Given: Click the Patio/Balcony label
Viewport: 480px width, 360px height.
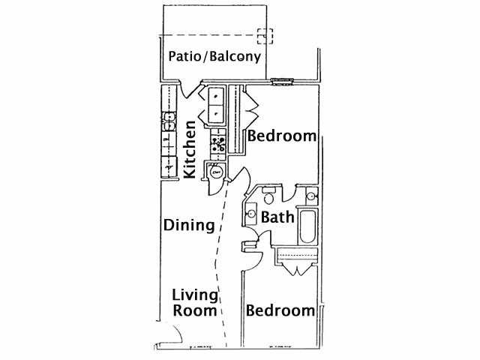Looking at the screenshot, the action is (x=214, y=57).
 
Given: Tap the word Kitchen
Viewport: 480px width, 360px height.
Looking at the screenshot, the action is (x=190, y=149).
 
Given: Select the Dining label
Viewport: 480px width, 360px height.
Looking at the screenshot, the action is (x=189, y=226).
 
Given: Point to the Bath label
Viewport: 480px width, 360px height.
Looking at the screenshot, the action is (x=277, y=217).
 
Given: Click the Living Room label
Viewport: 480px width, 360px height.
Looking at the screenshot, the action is (x=195, y=303).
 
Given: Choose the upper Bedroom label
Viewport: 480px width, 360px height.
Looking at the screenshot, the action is (x=282, y=136).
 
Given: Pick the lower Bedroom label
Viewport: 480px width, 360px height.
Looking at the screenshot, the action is (x=280, y=310).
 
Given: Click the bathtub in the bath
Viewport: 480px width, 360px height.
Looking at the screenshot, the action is (x=307, y=226).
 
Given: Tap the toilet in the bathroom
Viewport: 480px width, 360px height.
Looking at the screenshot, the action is (x=268, y=195).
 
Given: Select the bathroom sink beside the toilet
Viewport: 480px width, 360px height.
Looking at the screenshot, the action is (x=251, y=214).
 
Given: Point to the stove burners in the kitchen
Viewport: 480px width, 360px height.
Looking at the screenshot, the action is (x=218, y=144).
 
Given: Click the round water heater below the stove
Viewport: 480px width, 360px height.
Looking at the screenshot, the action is (x=216, y=172).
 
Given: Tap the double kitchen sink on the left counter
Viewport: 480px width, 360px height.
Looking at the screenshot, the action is (x=169, y=121).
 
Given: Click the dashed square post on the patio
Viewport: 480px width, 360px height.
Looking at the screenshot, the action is (x=265, y=36).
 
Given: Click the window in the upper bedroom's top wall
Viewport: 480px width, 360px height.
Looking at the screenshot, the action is (x=282, y=82).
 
